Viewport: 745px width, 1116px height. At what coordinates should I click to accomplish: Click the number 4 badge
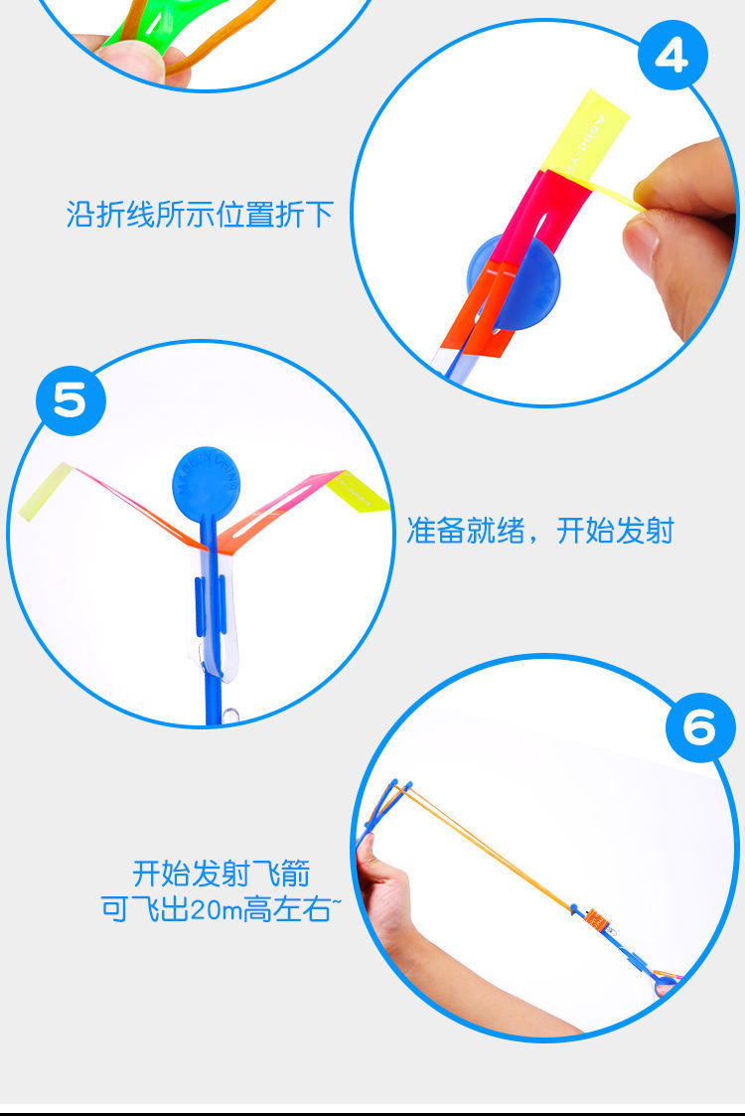tap(671, 58)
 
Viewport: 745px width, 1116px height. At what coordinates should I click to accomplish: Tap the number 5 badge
tap(70, 402)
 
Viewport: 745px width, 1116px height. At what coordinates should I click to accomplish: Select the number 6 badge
tap(699, 728)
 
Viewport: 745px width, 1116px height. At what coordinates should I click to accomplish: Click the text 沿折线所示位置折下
tap(200, 215)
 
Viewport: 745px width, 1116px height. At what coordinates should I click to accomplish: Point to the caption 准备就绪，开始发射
tap(539, 531)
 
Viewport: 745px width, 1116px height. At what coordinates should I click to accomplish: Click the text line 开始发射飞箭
tap(221, 875)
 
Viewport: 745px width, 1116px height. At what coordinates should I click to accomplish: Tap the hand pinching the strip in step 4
tap(685, 229)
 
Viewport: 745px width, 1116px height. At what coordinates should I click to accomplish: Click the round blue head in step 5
tap(206, 480)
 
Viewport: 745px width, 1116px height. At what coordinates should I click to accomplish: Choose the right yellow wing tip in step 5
tap(360, 491)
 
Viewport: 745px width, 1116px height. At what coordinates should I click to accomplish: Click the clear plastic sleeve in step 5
tap(222, 616)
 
